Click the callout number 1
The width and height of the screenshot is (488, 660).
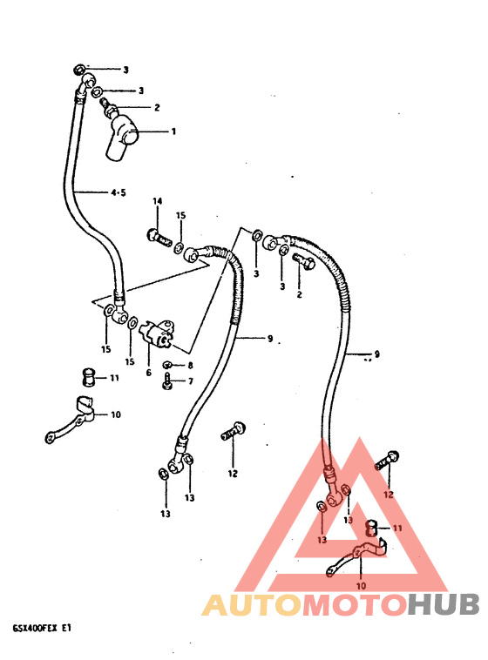tap(173, 131)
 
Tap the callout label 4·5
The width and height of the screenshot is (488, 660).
tap(118, 192)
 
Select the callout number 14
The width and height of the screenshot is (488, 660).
tap(157, 201)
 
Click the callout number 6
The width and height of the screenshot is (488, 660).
tap(148, 373)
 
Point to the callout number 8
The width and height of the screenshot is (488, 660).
tap(190, 366)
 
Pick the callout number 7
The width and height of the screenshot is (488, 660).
tap(191, 381)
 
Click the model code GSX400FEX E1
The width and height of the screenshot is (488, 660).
tap(42, 629)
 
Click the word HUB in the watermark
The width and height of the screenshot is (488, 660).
tap(444, 604)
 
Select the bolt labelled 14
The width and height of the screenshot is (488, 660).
tap(159, 238)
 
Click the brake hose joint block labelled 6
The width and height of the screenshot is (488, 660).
tap(156, 333)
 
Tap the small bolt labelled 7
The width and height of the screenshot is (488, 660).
tap(167, 381)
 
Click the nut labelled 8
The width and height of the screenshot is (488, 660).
tap(167, 364)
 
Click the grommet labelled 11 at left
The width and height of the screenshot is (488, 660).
tap(88, 377)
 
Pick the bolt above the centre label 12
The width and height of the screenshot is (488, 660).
tap(234, 431)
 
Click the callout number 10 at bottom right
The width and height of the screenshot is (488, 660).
tap(361, 585)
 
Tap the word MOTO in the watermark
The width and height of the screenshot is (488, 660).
tap(355, 604)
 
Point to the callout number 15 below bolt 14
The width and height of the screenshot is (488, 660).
tap(180, 216)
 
